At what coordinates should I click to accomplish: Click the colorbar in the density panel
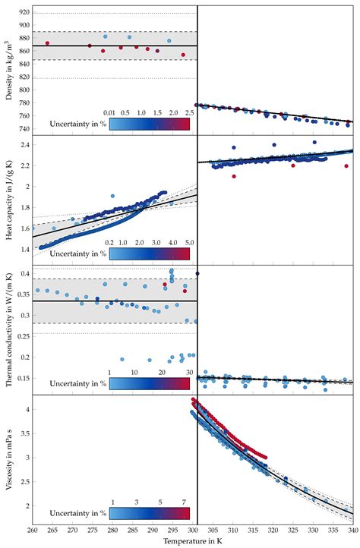tap(150, 125)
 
